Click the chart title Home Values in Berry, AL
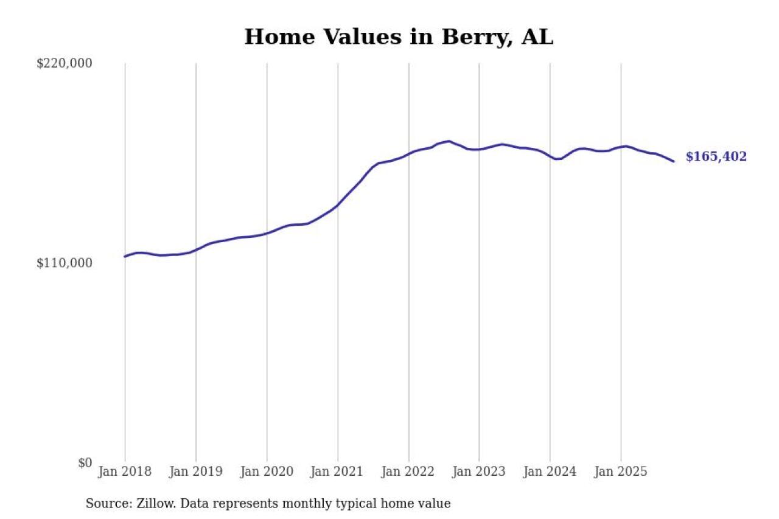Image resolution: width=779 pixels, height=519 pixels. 399,37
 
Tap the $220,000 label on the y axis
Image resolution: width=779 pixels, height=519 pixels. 65,63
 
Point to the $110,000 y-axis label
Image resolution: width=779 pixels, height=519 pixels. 65,263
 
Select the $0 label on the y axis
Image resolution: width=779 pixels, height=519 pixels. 85,462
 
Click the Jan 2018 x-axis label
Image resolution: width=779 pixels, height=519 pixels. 125,472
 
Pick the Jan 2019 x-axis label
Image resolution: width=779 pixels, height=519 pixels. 196,472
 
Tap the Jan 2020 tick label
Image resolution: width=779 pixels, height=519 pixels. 267,472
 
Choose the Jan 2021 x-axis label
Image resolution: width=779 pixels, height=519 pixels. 338,472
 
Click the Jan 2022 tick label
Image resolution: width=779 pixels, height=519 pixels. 408,472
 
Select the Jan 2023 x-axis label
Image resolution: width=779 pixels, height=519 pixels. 479,472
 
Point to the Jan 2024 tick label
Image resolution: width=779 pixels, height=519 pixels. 550,472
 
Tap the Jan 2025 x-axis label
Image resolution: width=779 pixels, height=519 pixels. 621,472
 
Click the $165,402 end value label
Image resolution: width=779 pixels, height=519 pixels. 716,157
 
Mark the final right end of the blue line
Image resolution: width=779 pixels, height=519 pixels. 674,161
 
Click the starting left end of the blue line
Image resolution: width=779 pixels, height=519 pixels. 125,256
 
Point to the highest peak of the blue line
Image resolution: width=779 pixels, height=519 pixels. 449,141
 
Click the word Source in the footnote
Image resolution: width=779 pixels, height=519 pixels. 105,504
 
